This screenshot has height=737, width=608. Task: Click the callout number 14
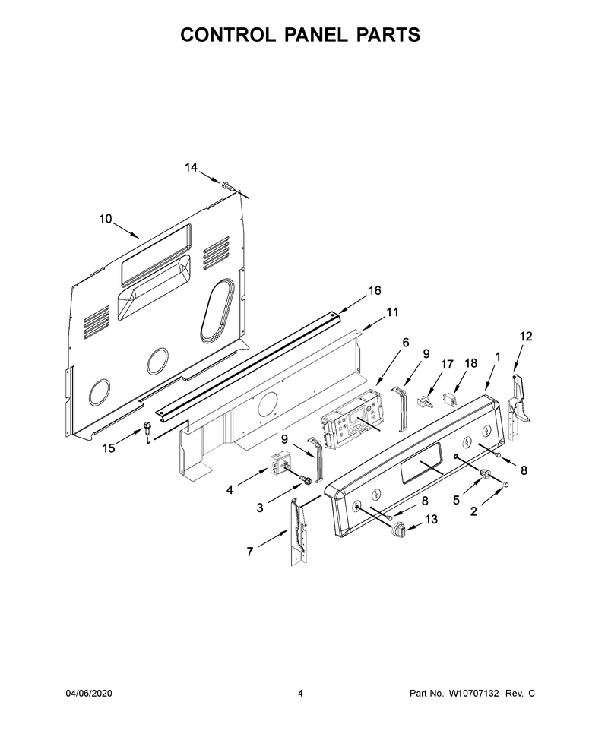[191, 167]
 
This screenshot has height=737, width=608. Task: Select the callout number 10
[106, 219]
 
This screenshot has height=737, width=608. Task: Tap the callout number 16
[374, 290]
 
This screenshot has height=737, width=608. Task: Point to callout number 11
[392, 312]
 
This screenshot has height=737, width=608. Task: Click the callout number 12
[526, 336]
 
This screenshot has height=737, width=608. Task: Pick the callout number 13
[431, 519]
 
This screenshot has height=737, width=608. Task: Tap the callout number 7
[250, 552]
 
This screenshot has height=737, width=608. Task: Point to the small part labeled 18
[451, 399]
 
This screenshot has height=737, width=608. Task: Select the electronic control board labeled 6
[352, 417]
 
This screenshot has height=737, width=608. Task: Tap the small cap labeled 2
[506, 484]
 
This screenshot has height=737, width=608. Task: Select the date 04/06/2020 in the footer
[88, 693]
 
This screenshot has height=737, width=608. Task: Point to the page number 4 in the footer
[300, 693]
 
